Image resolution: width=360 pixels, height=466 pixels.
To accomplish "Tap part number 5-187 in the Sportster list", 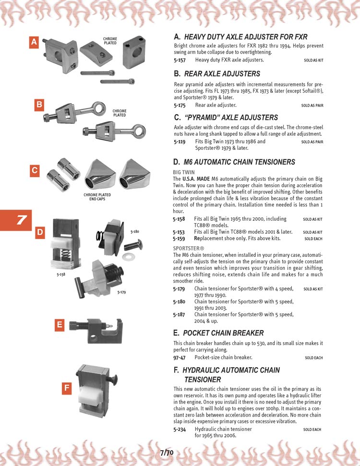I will [x=180, y=314].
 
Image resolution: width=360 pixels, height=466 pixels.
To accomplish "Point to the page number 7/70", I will [x=167, y=453].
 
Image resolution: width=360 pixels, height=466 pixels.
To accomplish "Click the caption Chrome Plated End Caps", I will [x=97, y=197].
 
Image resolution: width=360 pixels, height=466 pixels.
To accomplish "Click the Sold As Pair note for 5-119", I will [x=312, y=142].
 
